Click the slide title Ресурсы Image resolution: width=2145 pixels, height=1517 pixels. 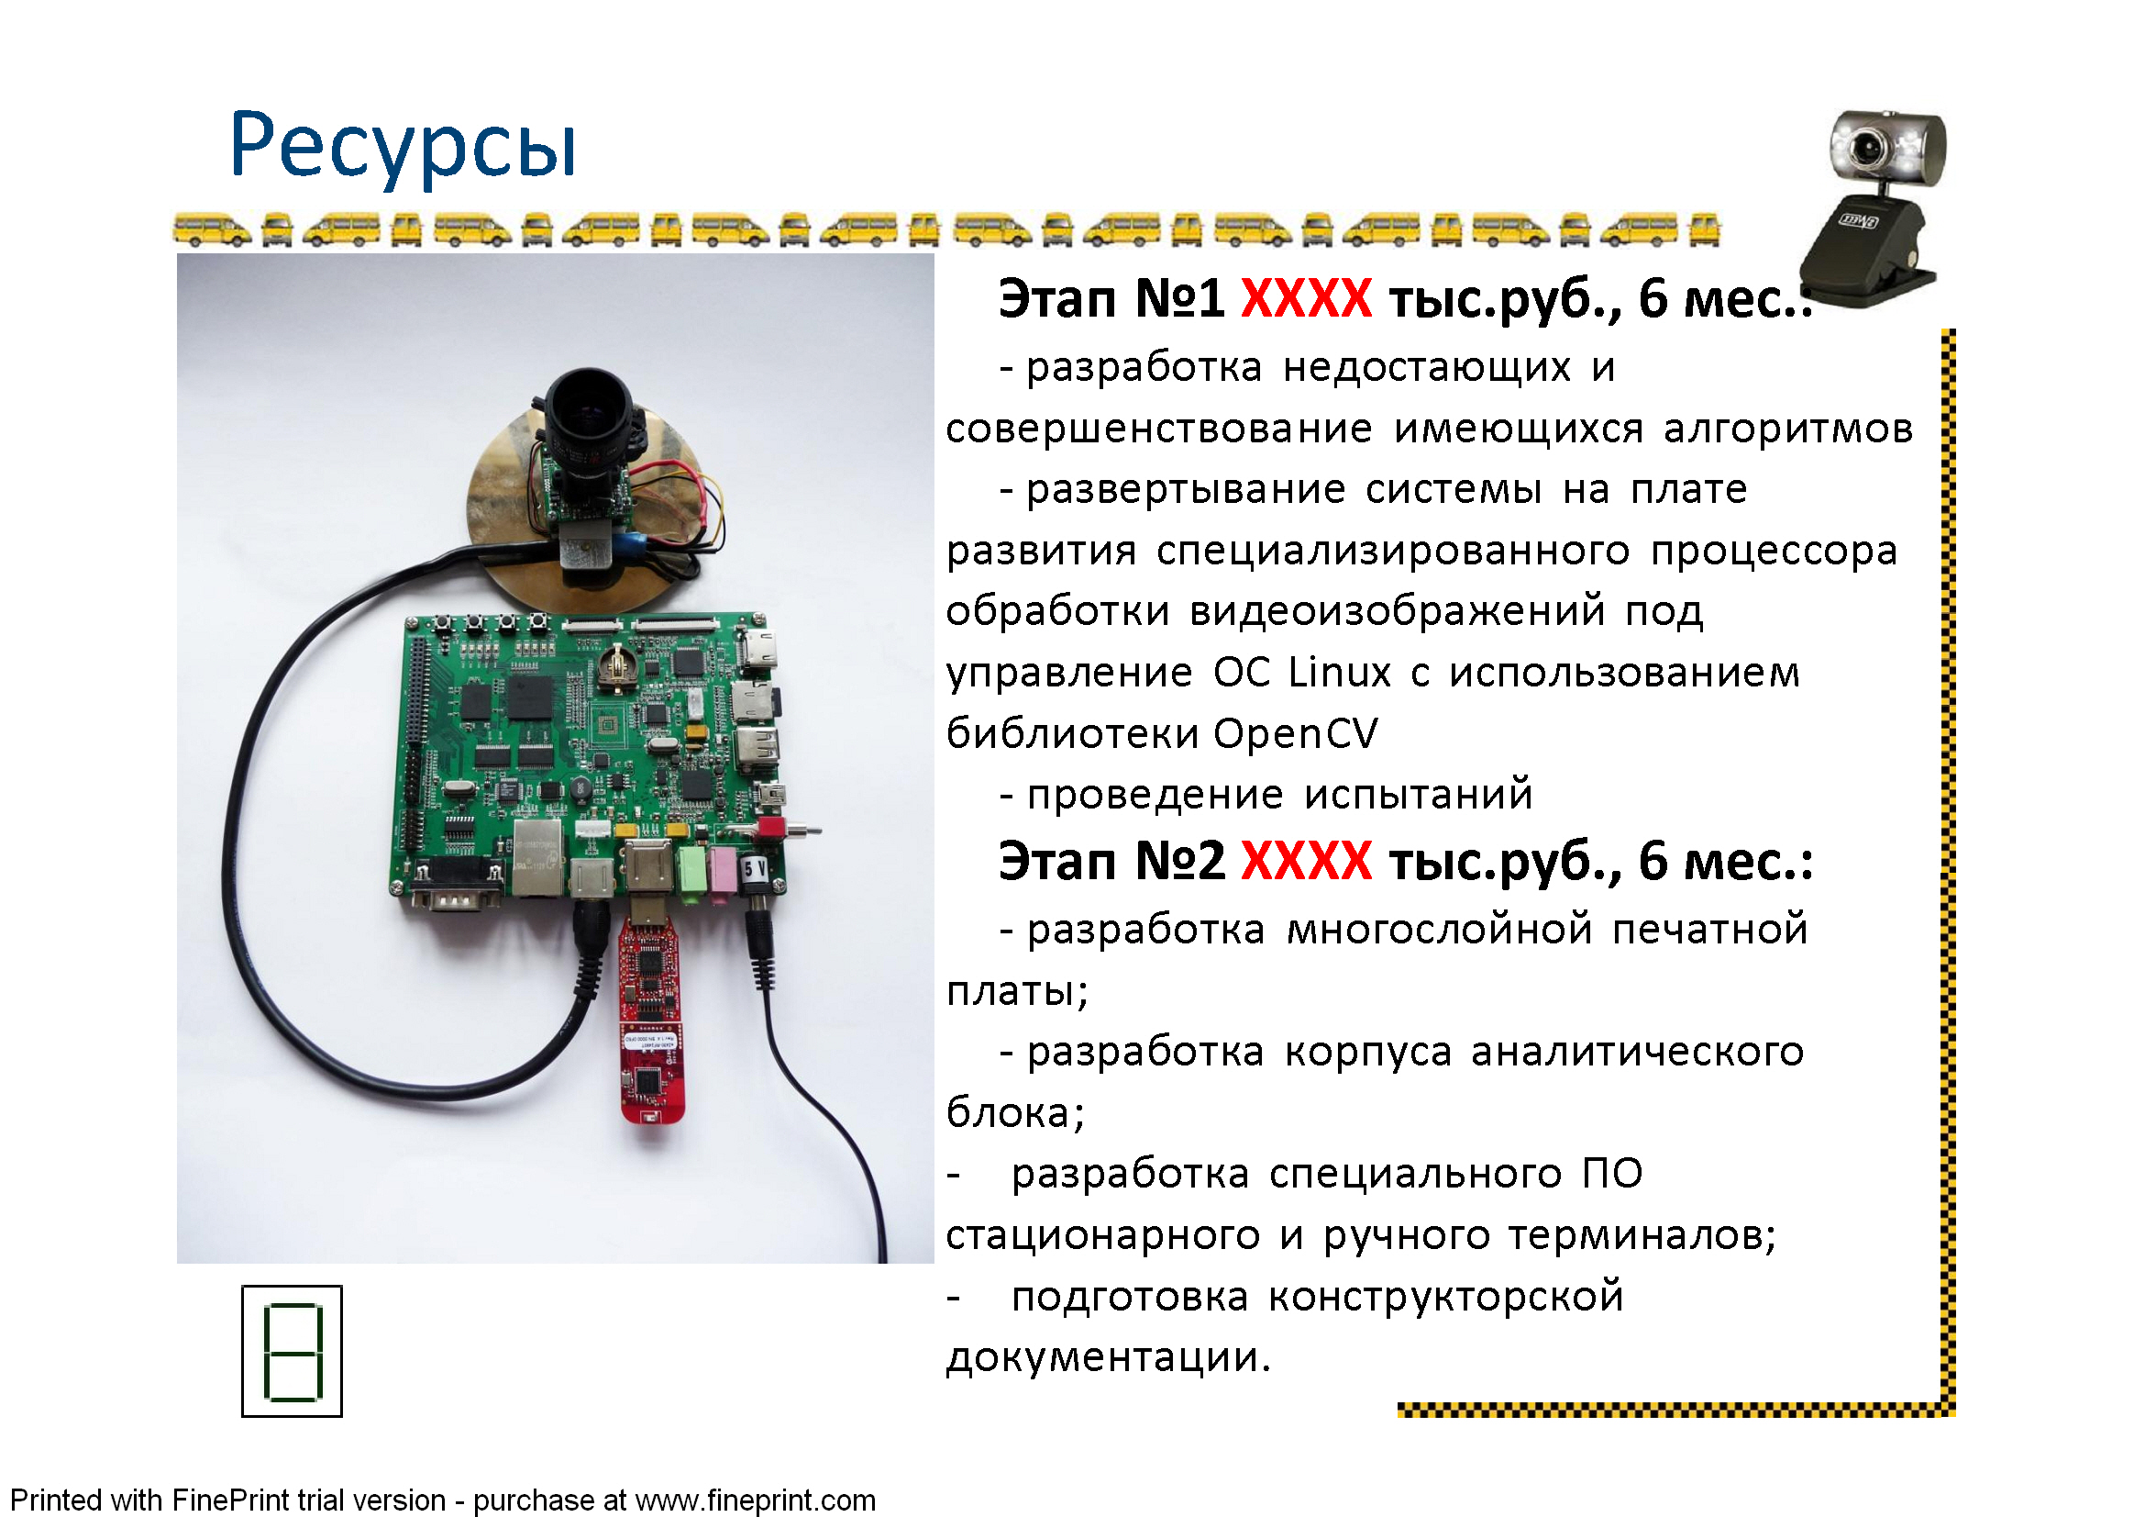pyautogui.click(x=403, y=148)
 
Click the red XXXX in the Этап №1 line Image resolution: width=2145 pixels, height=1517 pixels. pyautogui.click(x=1306, y=298)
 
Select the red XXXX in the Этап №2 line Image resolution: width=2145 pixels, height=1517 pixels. pyautogui.click(x=1306, y=860)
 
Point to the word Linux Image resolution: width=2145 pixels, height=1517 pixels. pyautogui.click(x=1340, y=672)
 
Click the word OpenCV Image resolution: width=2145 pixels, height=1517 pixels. pyautogui.click(x=1296, y=732)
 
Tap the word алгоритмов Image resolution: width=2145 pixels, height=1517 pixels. pyautogui.click(x=1788, y=429)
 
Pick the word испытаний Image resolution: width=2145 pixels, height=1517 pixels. pyautogui.click(x=1418, y=795)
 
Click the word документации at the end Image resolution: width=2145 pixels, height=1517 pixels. pyautogui.click(x=1108, y=1357)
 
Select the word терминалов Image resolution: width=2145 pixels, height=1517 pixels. pyautogui.click(x=1642, y=1234)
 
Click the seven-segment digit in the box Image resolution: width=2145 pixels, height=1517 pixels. pyautogui.click(x=293, y=1351)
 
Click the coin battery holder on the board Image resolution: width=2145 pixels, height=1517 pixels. pyautogui.click(x=614, y=664)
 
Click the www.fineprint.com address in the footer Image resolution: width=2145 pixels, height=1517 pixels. pyautogui.click(x=755, y=1500)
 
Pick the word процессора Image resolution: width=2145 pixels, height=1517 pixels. pyautogui.click(x=1774, y=551)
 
